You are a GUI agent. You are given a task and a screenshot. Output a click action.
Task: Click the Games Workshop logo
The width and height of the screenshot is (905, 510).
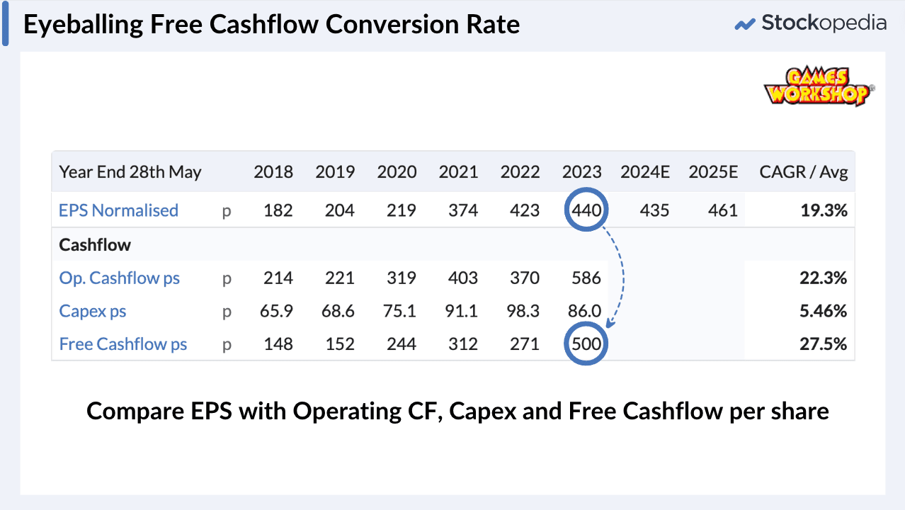818,86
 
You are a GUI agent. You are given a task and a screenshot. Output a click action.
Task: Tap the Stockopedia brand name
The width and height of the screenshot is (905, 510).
824,23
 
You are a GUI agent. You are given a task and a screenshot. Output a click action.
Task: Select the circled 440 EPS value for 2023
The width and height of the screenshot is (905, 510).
586,210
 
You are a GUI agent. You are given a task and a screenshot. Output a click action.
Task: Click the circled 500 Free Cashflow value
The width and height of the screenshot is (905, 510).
586,344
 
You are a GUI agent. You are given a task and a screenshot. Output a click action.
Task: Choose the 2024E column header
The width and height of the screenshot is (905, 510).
644,172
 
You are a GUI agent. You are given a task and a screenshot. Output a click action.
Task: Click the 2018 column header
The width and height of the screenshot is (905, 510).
273,172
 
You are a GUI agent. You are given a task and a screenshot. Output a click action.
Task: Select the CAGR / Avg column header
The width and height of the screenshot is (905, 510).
803,172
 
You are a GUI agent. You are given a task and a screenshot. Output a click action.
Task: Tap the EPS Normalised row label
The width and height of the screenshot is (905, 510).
118,210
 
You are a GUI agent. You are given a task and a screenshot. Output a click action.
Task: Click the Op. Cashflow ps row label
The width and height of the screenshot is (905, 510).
120,278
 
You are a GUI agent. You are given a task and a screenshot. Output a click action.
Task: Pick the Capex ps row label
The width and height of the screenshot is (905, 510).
93,312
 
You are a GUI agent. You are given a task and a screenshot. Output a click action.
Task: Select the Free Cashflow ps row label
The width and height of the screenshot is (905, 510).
123,345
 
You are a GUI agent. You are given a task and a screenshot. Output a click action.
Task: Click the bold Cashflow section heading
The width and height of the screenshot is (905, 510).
95,245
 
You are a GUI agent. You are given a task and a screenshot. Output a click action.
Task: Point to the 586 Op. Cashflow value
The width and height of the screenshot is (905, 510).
586,278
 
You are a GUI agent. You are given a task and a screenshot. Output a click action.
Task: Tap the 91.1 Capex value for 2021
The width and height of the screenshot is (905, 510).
463,312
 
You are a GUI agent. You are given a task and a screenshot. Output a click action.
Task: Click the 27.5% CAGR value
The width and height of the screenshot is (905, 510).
825,345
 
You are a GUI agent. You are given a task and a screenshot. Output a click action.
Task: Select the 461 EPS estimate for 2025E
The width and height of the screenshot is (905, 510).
722,210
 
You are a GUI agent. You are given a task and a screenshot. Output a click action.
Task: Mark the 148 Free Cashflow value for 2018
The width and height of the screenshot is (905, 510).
278,345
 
